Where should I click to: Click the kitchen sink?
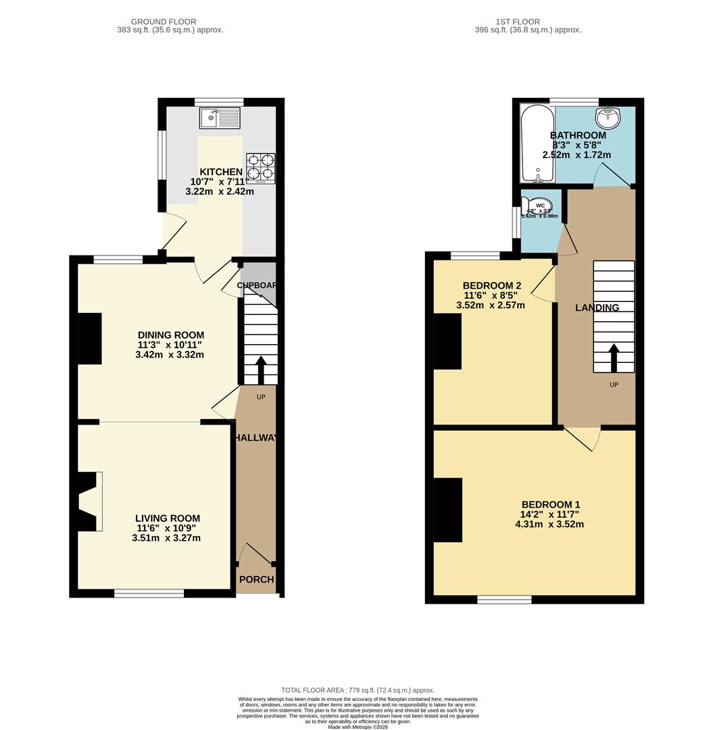click(220, 118)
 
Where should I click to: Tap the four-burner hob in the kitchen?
click(261, 167)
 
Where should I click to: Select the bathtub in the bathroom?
click(537, 143)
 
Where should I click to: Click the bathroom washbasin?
click(610, 118)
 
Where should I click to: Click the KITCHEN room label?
click(220, 172)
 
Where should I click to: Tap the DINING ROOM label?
click(170, 335)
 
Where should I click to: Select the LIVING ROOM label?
click(167, 518)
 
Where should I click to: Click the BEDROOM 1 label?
click(550, 504)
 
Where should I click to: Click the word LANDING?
click(597, 308)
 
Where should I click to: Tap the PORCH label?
click(257, 579)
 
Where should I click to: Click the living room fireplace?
click(89, 502)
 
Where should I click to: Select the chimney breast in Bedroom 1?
click(447, 510)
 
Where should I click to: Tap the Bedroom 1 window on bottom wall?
click(504, 599)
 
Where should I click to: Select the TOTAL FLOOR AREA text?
click(358, 690)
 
